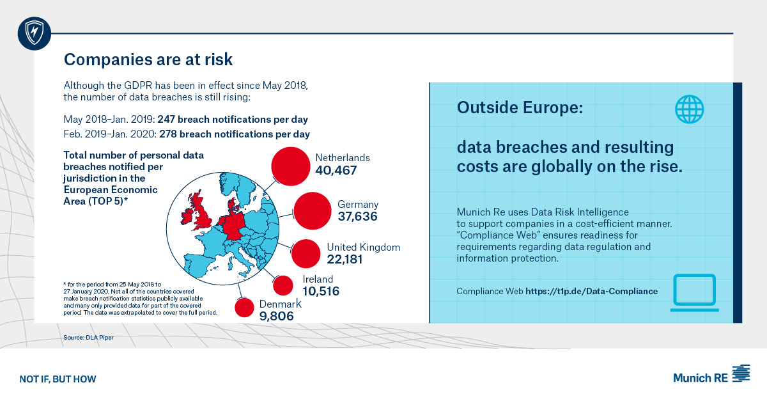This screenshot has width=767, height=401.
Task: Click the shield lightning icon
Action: [33, 33]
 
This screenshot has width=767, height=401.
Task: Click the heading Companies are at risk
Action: [148, 60]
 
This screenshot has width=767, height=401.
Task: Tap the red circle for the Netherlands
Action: [294, 166]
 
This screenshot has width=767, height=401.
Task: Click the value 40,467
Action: [336, 171]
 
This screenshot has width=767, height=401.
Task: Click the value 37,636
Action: [357, 217]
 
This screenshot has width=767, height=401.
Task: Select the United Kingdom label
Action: [363, 247]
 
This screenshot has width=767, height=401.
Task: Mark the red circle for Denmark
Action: [245, 308]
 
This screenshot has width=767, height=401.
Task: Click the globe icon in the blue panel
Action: [689, 109]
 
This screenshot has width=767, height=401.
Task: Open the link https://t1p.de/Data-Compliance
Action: [591, 291]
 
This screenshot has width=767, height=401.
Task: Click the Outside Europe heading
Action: [520, 107]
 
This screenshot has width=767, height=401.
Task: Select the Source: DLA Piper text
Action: [88, 337]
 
